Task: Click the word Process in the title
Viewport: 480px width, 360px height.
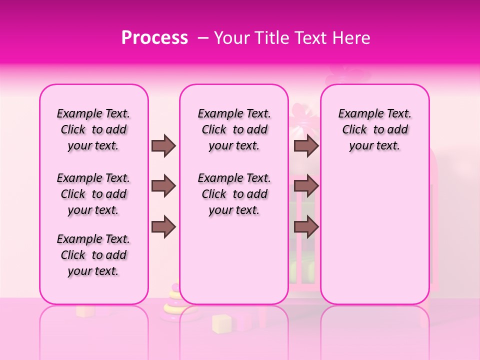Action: [x=154, y=38]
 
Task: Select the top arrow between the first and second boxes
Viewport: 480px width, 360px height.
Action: [x=163, y=145]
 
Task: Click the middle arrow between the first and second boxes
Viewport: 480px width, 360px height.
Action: [x=163, y=186]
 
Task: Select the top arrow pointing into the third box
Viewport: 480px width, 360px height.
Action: [x=306, y=145]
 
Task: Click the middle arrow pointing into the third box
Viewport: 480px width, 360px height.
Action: [x=306, y=186]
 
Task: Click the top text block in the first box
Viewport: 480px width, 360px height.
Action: [x=93, y=129]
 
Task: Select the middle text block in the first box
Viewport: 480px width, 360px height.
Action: [x=93, y=194]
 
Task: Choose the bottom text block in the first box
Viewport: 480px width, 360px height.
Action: [x=93, y=255]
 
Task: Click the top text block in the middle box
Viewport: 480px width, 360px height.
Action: [x=234, y=129]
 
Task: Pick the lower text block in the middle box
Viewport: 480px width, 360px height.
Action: [x=234, y=194]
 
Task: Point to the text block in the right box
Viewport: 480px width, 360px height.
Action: [x=375, y=129]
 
